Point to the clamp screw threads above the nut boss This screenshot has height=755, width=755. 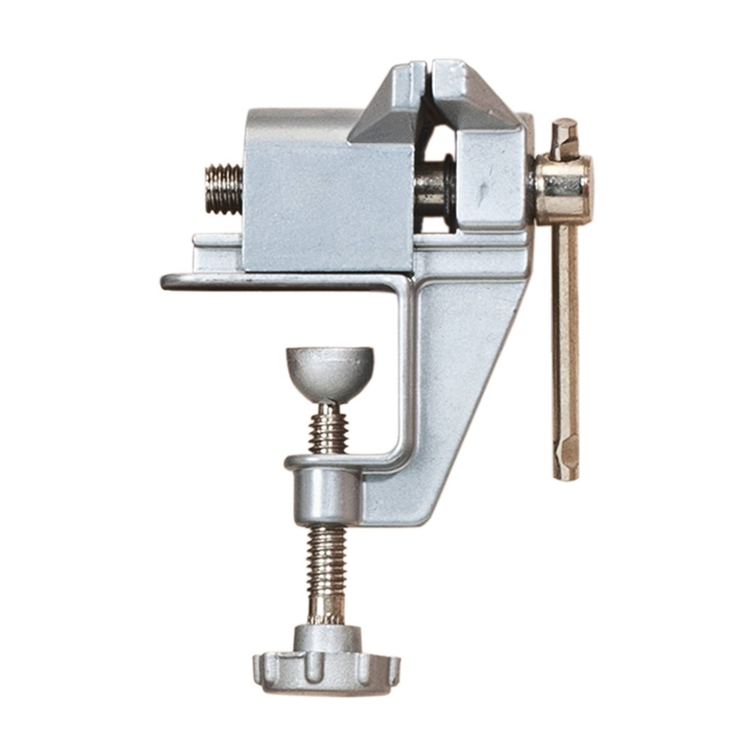pyautogui.click(x=328, y=430)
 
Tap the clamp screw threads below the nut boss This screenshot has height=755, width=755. pyautogui.click(x=327, y=559)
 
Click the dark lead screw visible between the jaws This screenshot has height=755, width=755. pyautogui.click(x=435, y=194)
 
